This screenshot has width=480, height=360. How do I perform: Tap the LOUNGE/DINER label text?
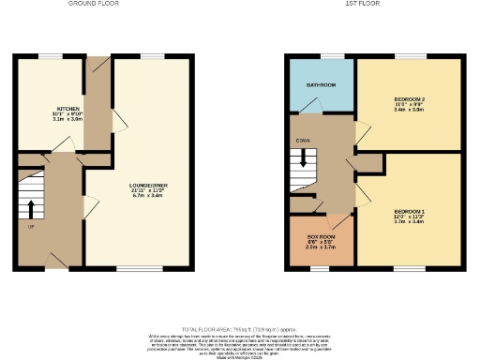148,185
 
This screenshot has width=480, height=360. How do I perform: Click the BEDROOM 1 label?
410,212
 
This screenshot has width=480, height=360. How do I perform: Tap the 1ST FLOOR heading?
361,5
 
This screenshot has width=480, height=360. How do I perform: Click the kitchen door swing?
63,142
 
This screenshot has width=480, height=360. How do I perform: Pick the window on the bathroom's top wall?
321,56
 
